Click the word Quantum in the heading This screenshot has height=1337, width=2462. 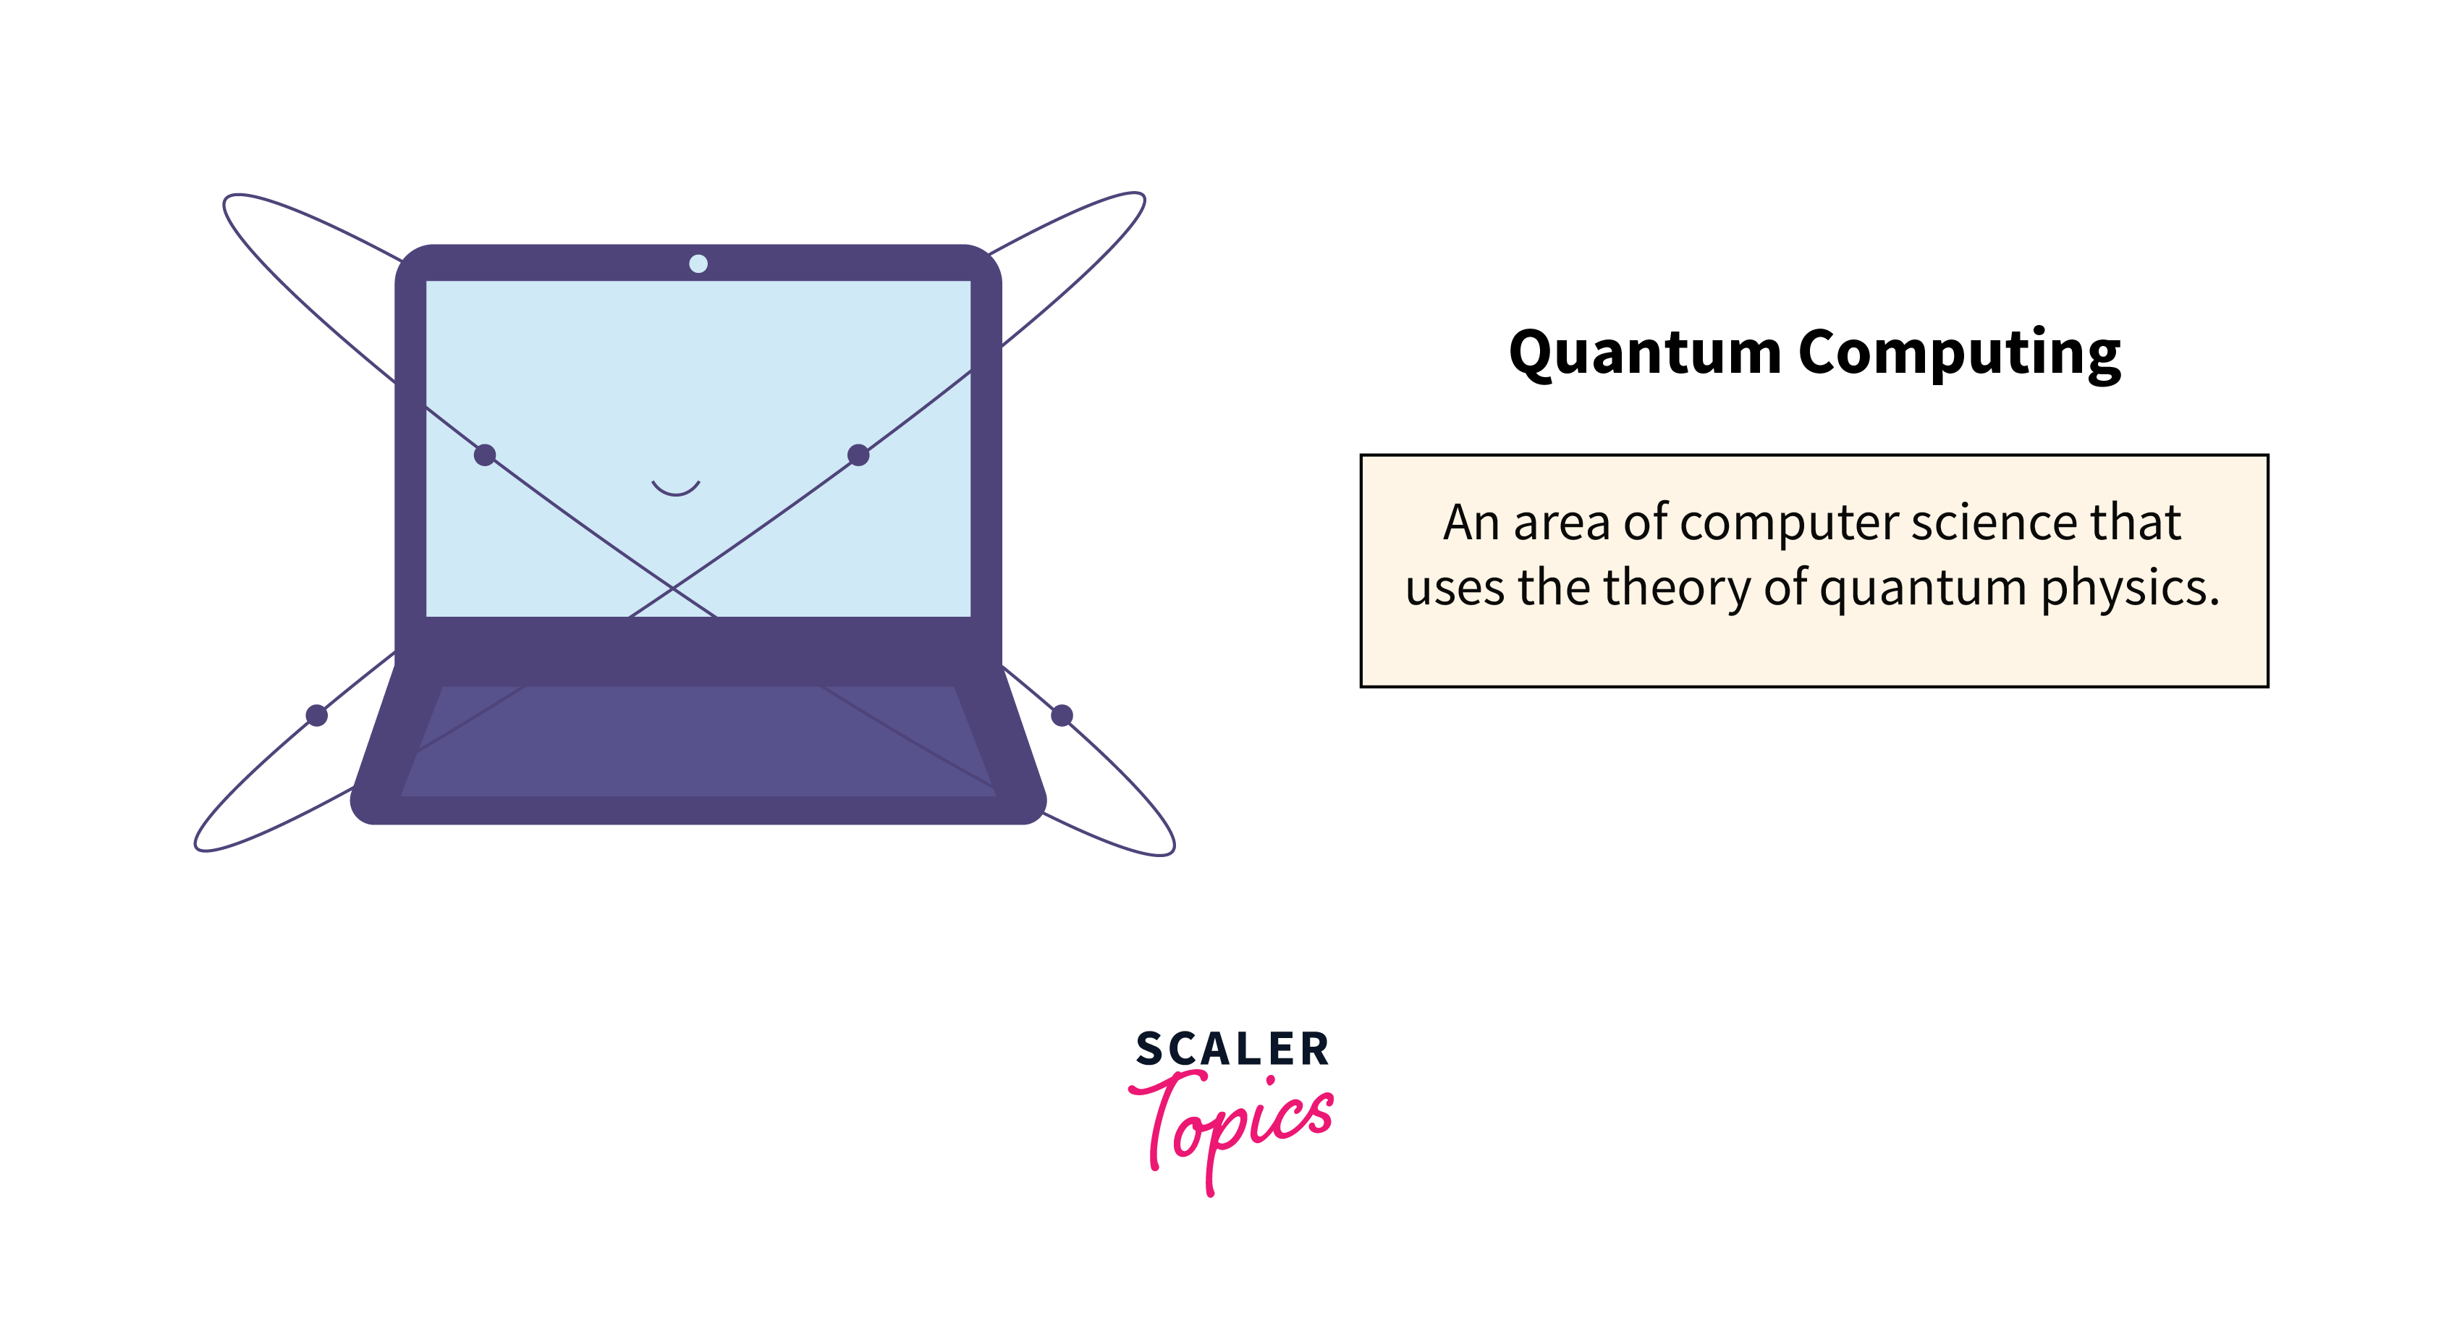[x=1645, y=353]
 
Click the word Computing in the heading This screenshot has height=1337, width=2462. [x=1959, y=353]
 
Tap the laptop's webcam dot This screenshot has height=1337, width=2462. [x=698, y=263]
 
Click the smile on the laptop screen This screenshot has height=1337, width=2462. [x=676, y=489]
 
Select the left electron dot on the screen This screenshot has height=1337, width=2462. [x=486, y=455]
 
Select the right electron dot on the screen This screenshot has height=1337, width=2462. [x=858, y=455]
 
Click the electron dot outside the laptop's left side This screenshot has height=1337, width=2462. [x=316, y=715]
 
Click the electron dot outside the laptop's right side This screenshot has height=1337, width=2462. [x=1062, y=715]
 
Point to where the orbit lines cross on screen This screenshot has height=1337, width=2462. [x=673, y=588]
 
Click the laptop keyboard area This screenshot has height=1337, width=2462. [x=698, y=741]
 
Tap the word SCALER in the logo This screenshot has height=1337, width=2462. [x=1232, y=1050]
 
